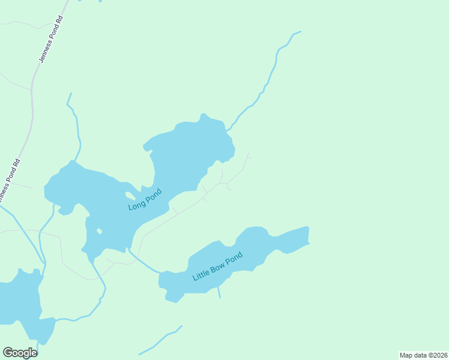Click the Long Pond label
(x=145, y=200)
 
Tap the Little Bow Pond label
(x=217, y=267)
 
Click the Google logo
(x=20, y=353)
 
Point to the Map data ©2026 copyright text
(x=423, y=355)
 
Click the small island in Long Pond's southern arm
(x=98, y=230)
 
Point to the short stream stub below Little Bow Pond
(x=219, y=292)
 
